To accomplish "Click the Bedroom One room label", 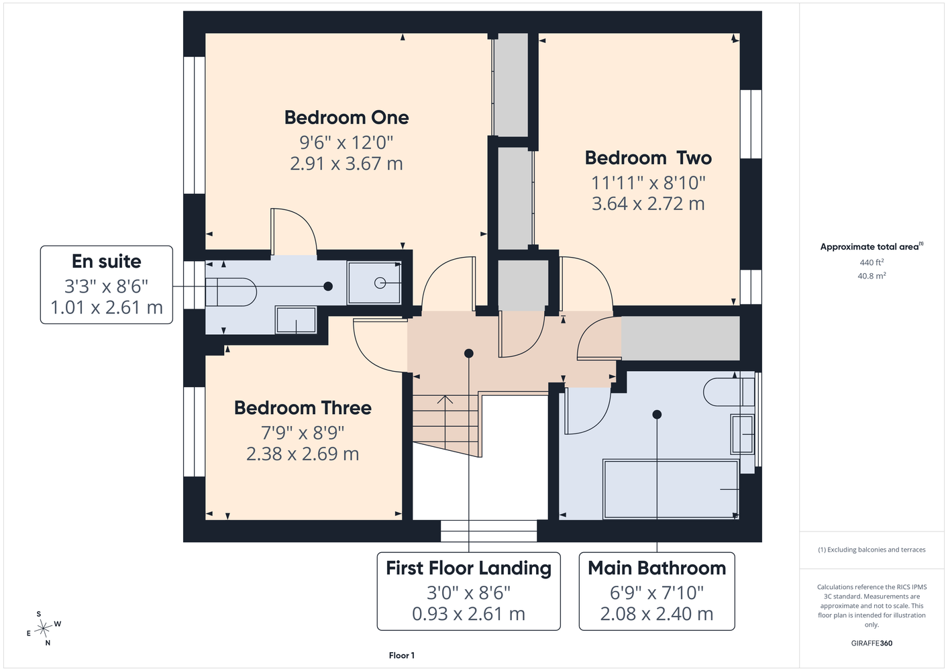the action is click(x=346, y=117).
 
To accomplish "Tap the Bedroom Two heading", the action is click(x=648, y=158).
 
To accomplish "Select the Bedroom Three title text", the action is click(x=303, y=408).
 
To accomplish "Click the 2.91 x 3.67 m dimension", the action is click(x=346, y=164).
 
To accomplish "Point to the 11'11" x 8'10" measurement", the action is click(x=648, y=183).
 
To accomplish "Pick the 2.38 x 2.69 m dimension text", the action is click(x=303, y=454).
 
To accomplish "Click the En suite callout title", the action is click(x=106, y=261).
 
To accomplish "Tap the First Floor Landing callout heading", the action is click(x=468, y=568).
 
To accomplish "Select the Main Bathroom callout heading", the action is click(x=657, y=568).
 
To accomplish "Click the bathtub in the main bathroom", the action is click(x=671, y=489).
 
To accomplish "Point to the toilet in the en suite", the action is click(x=231, y=292).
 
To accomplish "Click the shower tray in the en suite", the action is click(x=374, y=282).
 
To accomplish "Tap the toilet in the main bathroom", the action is click(x=729, y=392).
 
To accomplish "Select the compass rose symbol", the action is click(x=44, y=629).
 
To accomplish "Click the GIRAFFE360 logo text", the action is click(x=872, y=643).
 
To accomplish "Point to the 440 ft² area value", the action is click(x=872, y=262).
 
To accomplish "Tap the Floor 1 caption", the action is click(x=402, y=656).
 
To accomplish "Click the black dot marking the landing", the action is click(x=468, y=353).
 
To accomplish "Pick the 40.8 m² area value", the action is click(x=872, y=276).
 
